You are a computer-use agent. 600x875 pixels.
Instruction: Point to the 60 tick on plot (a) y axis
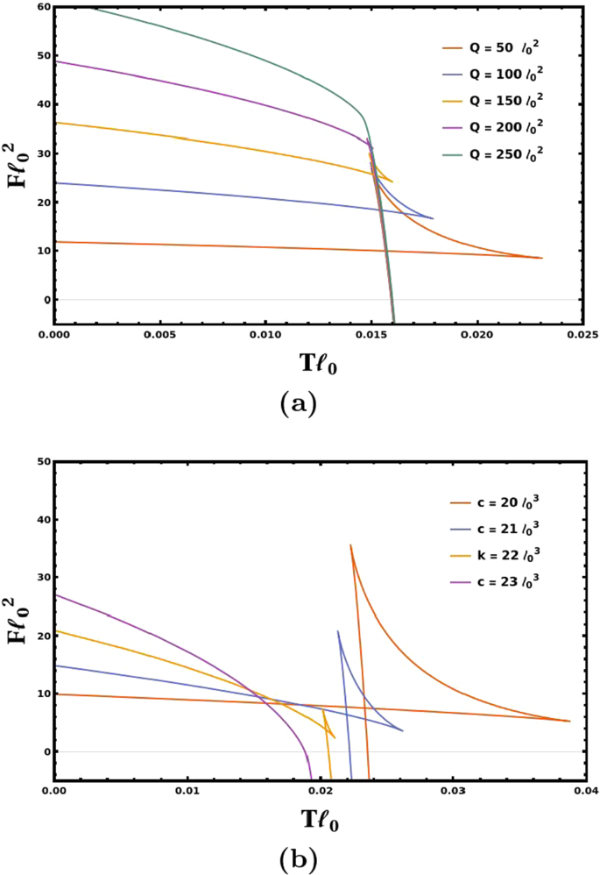tap(41, 7)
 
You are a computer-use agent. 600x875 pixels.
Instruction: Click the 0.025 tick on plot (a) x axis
tap(582, 335)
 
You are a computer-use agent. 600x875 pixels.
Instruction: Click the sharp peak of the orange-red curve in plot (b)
tap(350, 545)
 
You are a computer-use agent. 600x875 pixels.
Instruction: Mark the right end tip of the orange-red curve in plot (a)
tap(542, 258)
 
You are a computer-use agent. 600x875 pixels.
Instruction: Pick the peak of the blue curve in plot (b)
tap(338, 631)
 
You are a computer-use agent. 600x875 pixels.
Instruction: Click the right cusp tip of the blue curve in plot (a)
tap(433, 218)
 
